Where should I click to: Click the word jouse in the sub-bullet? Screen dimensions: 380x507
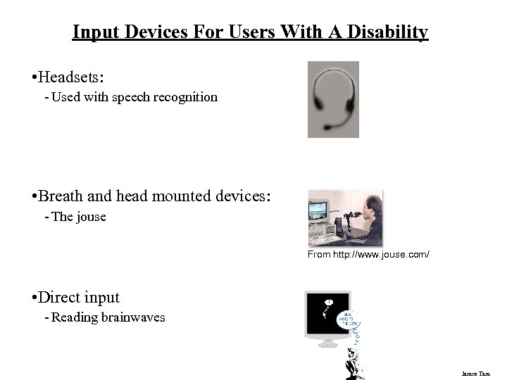tap(91, 217)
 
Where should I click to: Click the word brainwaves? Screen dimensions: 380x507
tap(133, 317)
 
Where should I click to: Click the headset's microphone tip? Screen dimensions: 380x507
tap(327, 127)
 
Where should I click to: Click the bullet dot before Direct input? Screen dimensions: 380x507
tap(34, 298)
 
